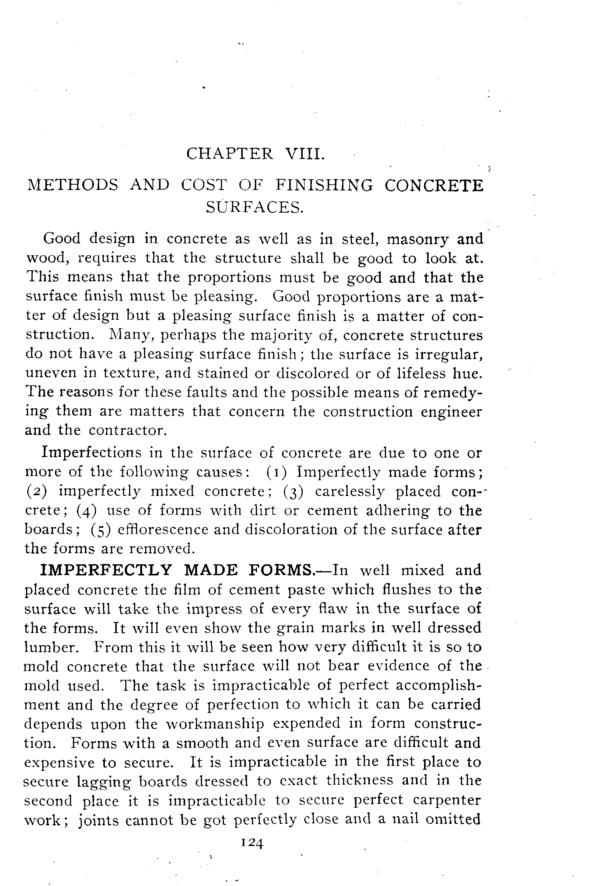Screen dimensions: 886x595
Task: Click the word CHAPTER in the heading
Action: [x=230, y=154]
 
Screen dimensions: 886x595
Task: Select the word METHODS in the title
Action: [x=73, y=185]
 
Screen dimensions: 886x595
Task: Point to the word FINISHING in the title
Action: [x=324, y=185]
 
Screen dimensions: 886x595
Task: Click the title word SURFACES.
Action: [x=255, y=208]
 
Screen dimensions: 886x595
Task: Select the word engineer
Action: [x=451, y=412]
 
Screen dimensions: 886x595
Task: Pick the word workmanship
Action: [x=215, y=724]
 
